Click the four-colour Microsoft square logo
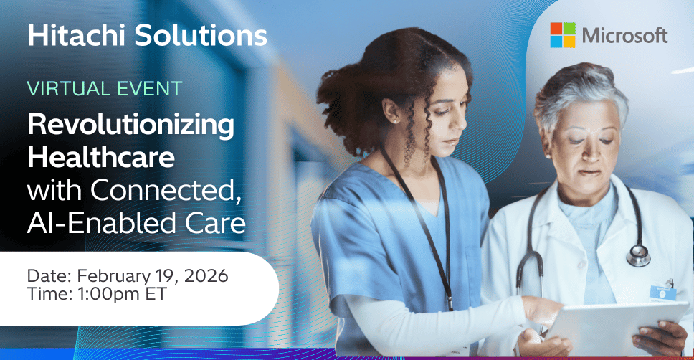563,35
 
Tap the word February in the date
112,276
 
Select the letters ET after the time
157,294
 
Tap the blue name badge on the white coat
662,290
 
